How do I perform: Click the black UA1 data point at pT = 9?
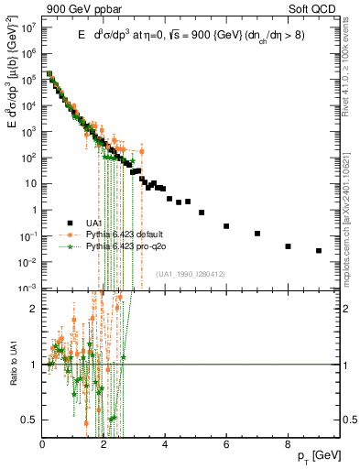(319, 250)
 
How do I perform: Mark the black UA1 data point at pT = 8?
(288, 246)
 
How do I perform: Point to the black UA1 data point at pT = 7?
(257, 234)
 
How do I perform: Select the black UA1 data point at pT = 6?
(226, 225)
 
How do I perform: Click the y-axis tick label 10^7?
(29, 27)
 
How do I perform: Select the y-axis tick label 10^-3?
(28, 288)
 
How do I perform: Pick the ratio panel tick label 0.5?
(32, 420)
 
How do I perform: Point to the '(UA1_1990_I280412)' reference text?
(191, 274)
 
